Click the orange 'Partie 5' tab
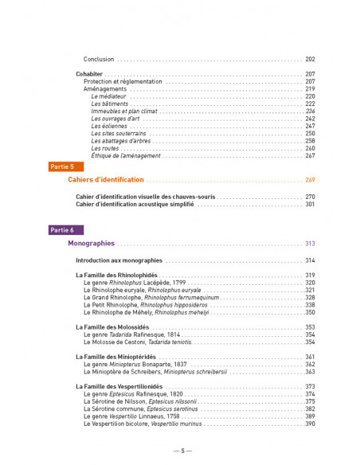(62, 166)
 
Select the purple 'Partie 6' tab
(62, 229)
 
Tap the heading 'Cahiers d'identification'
(106, 180)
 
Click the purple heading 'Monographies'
(92, 244)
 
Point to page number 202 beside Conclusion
(310, 59)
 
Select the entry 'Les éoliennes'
(109, 126)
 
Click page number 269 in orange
(310, 180)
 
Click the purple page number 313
(310, 244)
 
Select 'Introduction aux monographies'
(119, 260)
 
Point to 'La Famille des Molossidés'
(113, 327)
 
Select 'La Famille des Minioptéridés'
(116, 357)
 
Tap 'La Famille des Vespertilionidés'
(120, 386)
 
